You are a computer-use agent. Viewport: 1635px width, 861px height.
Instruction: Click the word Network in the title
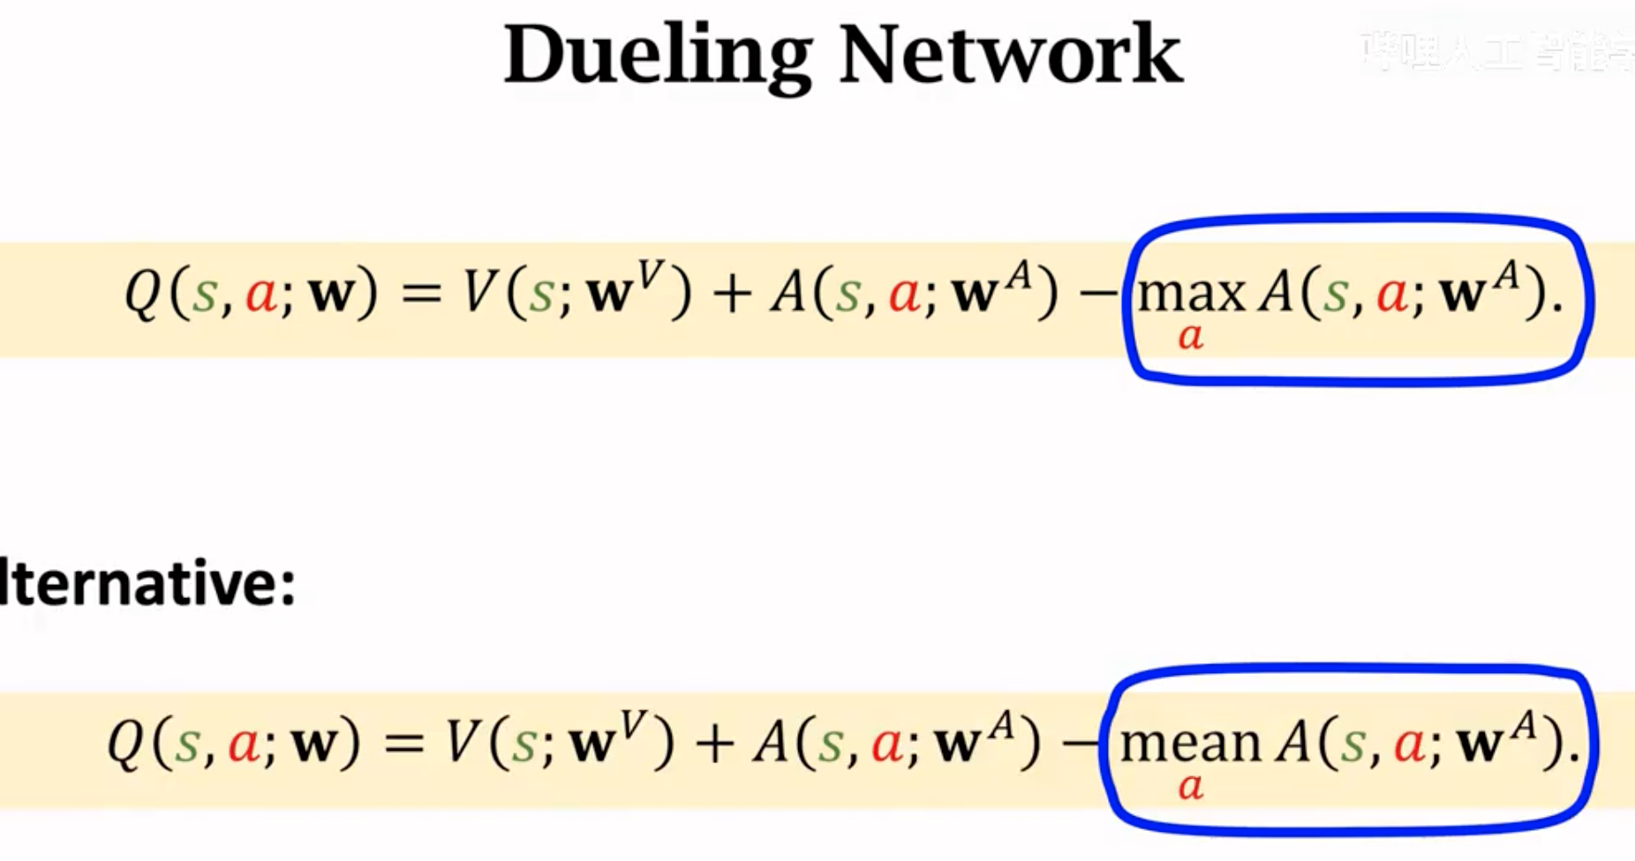pyautogui.click(x=1010, y=55)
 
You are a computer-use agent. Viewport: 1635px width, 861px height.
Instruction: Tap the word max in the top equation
pyautogui.click(x=1191, y=294)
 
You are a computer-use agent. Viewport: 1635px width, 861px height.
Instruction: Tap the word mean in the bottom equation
pyautogui.click(x=1189, y=743)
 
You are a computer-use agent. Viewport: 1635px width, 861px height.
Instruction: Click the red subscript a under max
pyautogui.click(x=1191, y=336)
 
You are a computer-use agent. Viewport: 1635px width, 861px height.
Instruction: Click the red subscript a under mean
pyautogui.click(x=1190, y=785)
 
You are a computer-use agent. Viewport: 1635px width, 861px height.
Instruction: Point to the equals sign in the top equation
pyautogui.click(x=421, y=295)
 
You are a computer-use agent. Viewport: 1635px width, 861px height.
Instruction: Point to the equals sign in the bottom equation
pyautogui.click(x=403, y=744)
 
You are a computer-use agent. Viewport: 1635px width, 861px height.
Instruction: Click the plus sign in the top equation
pyautogui.click(x=731, y=295)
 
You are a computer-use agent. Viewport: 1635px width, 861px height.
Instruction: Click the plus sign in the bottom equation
pyautogui.click(x=713, y=744)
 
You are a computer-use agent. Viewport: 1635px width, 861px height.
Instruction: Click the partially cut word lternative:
pyautogui.click(x=147, y=583)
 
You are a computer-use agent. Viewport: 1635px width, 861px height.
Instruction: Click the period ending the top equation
pyautogui.click(x=1556, y=310)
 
